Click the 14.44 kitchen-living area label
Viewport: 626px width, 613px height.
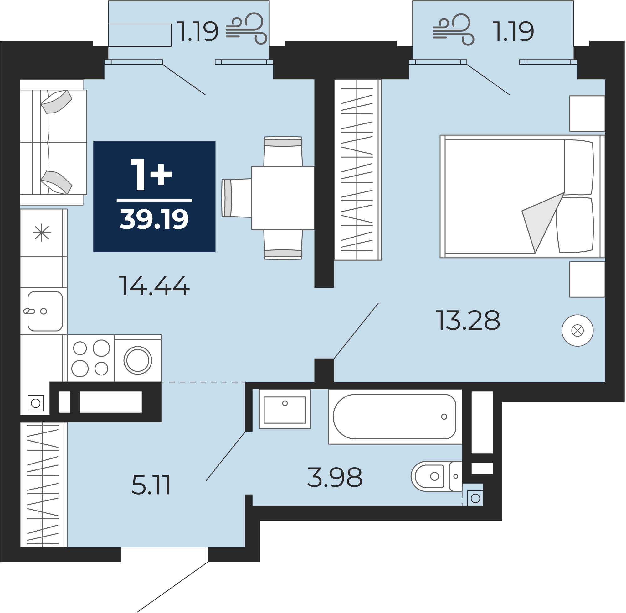click(154, 286)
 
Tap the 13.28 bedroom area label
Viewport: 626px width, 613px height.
click(468, 320)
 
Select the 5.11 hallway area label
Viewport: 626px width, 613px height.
click(151, 485)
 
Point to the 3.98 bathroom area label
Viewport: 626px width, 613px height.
click(335, 477)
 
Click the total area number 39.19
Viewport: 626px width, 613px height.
click(154, 219)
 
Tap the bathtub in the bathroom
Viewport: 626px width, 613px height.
click(395, 417)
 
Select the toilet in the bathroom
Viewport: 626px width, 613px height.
click(436, 476)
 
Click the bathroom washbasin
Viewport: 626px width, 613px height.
click(285, 409)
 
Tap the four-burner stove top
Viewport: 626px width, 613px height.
click(91, 358)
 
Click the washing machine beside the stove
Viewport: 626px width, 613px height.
click(138, 358)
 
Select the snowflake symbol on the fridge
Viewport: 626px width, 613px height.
click(42, 233)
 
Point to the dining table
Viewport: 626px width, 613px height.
click(283, 198)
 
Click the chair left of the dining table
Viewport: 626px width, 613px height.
click(237, 198)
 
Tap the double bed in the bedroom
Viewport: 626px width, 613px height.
click(522, 196)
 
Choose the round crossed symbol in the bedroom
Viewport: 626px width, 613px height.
click(577, 330)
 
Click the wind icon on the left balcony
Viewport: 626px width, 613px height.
click(246, 28)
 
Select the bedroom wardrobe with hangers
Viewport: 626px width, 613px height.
click(357, 170)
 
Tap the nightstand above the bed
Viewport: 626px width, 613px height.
click(587, 113)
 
